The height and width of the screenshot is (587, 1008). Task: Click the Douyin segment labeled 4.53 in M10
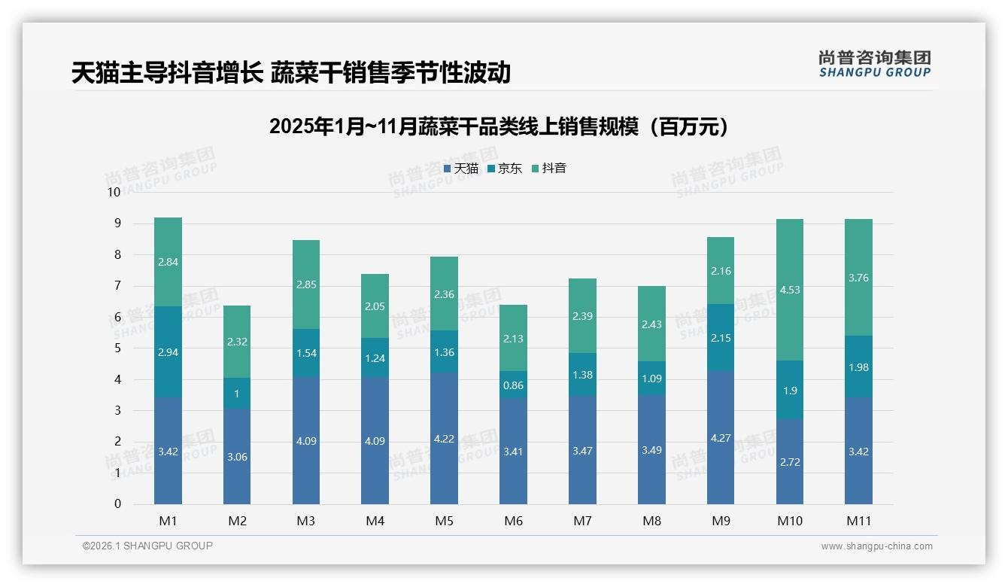point(789,290)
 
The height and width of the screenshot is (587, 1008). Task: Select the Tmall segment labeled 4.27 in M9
point(720,437)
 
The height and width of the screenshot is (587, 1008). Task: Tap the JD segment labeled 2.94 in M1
point(168,351)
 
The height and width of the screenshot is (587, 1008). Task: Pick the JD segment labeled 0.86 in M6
point(513,385)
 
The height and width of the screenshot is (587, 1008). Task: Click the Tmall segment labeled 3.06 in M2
point(237,456)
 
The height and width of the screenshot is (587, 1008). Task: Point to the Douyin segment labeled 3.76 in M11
point(858,278)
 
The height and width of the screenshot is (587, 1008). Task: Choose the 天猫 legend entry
point(461,169)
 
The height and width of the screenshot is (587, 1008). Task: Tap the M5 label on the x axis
point(444,521)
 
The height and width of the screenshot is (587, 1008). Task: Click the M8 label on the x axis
point(651,521)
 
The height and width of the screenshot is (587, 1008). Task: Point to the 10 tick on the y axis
point(114,192)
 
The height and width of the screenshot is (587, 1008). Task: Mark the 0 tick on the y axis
point(117,504)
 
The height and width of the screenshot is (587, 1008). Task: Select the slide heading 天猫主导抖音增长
point(291,73)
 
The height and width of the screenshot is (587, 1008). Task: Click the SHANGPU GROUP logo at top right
point(874,64)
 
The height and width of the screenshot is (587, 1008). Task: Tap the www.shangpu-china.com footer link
point(876,546)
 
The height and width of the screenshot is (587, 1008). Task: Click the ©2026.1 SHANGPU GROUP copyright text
point(147,546)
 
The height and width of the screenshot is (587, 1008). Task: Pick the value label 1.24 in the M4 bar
point(375,358)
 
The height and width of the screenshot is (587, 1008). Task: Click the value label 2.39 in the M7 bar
point(582,316)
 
